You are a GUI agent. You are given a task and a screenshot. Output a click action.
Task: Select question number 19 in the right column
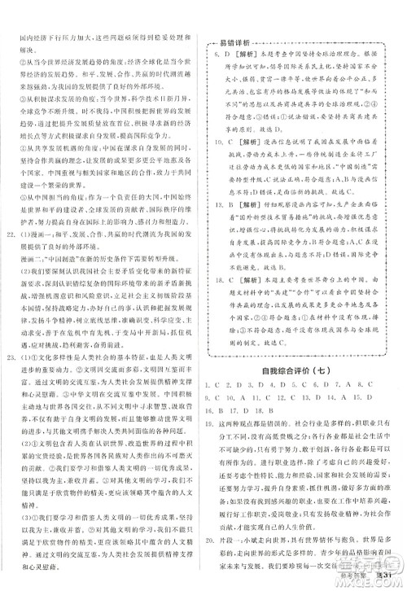pos(213,423)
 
